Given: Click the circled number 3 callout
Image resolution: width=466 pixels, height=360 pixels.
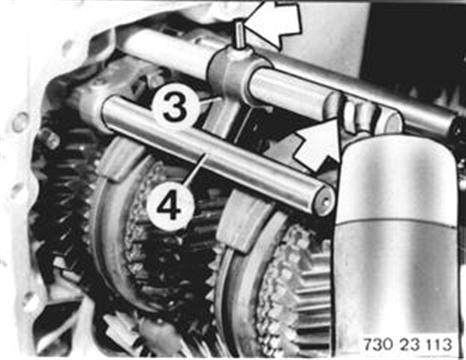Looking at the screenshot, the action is coord(174,105).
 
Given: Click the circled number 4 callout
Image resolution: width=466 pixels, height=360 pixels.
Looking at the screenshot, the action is coord(169,206).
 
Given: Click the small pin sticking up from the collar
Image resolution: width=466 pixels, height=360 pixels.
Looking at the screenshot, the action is coord(240,36).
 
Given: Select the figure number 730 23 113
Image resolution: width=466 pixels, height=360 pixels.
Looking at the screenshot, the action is coord(407,343).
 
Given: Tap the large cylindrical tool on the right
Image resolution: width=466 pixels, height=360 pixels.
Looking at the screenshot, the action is coord(397,247).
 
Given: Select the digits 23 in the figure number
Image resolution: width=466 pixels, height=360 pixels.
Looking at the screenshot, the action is coord(408,343).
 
